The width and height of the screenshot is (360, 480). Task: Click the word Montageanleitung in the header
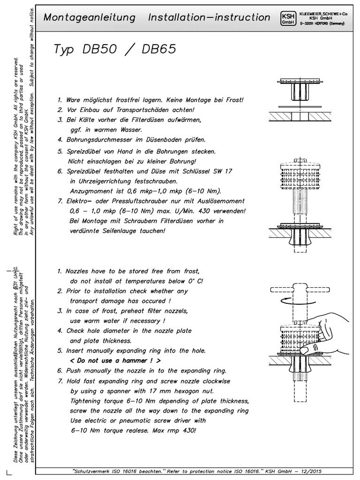coord(90,18)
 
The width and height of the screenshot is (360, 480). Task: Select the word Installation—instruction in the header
coord(209,18)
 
